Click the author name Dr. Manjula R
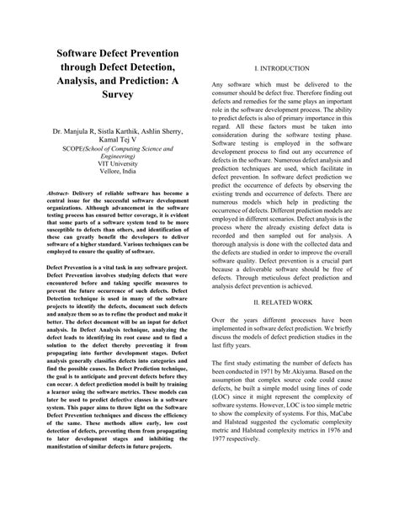tap(75, 132)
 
